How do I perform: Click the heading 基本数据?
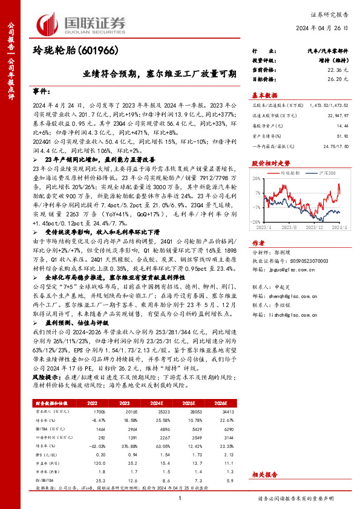[x=264, y=95]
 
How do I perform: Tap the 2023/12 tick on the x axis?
[x=312, y=227]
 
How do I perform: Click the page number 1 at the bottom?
[x=180, y=499]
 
